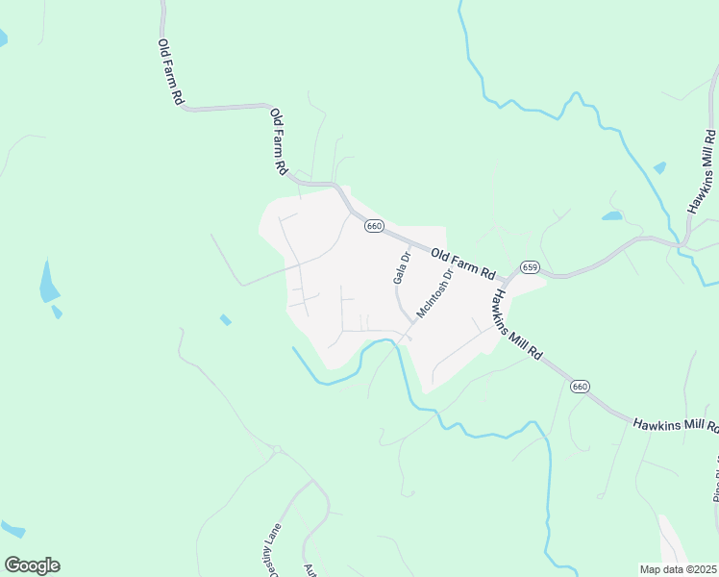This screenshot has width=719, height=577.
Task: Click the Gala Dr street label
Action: [x=402, y=267]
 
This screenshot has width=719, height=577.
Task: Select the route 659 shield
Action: [x=530, y=266]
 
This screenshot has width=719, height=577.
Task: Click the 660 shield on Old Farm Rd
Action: [x=374, y=226]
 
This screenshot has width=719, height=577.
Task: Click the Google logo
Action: [x=32, y=565]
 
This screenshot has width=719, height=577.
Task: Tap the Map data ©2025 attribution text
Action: [x=678, y=569]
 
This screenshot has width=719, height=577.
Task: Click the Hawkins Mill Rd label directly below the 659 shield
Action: [x=519, y=324]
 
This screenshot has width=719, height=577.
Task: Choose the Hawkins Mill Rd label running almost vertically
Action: [x=701, y=168]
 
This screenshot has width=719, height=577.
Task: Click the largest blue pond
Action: [x=48, y=282]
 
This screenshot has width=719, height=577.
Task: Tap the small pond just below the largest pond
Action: [x=58, y=312]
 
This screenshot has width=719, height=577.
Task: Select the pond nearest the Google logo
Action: [x=12, y=529]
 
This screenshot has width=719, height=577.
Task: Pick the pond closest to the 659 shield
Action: [x=612, y=215]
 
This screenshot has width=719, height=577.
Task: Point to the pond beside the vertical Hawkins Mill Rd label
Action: [x=659, y=167]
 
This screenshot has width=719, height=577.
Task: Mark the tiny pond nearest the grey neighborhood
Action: [x=225, y=319]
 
